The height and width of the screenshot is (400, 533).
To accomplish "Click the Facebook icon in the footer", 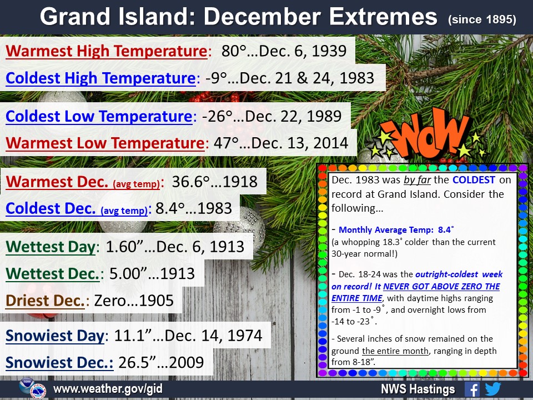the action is coord(472,389).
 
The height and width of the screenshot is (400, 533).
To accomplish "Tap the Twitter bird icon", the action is coord(492,389).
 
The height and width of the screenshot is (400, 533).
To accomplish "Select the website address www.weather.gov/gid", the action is coord(108,389).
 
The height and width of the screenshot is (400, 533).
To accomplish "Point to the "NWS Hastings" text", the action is coord(418,389).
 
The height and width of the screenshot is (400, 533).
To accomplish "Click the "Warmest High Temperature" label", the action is coord(107,51).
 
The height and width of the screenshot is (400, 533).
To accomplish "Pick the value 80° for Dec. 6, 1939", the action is coord(234,51).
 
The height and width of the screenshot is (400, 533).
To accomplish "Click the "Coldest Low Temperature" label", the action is coord(99,116).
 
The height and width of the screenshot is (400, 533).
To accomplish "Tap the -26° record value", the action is coord(217,116).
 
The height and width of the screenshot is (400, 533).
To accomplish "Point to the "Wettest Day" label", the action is coord(51,247).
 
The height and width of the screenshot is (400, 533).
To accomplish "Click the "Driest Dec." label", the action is coord(45,301).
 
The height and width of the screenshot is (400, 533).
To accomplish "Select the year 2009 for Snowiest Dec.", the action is coord(187,363).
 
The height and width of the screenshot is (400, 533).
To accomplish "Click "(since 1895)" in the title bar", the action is coord(482,19).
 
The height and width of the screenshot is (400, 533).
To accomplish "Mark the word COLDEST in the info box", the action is coord(474,179).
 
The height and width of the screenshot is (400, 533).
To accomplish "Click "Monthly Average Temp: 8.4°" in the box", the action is coord(396,230).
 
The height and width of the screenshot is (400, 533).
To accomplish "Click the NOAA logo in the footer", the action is coord(26,386).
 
